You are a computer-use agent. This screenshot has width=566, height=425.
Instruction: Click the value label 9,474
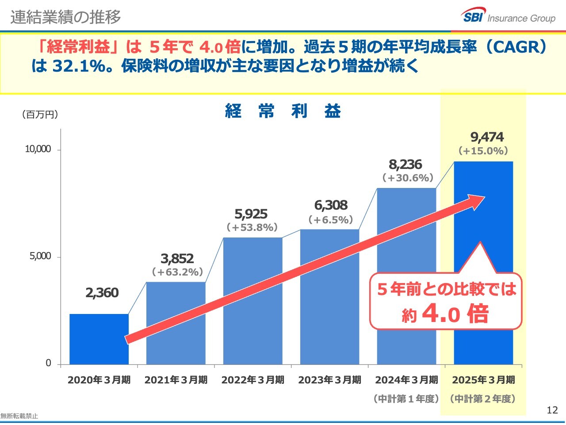click(x=487, y=137)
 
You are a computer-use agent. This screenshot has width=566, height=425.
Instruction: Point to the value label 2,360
click(x=102, y=293)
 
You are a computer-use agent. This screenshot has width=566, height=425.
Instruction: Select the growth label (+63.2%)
click(x=177, y=272)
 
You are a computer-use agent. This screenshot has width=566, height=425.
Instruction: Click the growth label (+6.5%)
click(x=331, y=220)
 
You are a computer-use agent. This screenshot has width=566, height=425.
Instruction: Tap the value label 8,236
click(x=405, y=165)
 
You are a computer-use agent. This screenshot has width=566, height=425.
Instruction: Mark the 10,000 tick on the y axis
click(x=38, y=149)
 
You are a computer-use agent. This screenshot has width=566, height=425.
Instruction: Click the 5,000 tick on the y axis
click(x=40, y=257)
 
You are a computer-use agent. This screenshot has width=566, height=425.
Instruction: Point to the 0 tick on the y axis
click(x=48, y=363)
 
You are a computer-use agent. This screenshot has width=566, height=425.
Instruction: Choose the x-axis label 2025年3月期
click(x=483, y=380)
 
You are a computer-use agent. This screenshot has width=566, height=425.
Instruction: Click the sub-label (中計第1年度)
click(x=406, y=399)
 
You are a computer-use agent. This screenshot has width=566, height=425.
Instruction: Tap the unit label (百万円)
click(x=40, y=115)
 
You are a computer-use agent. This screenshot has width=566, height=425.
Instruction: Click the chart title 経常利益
click(x=283, y=111)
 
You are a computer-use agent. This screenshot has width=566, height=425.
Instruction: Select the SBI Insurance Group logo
click(x=509, y=17)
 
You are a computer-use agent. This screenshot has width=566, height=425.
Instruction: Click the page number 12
click(x=552, y=410)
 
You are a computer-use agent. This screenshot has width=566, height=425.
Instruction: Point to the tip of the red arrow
click(x=484, y=198)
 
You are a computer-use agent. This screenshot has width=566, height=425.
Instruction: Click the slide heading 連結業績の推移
click(x=65, y=17)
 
